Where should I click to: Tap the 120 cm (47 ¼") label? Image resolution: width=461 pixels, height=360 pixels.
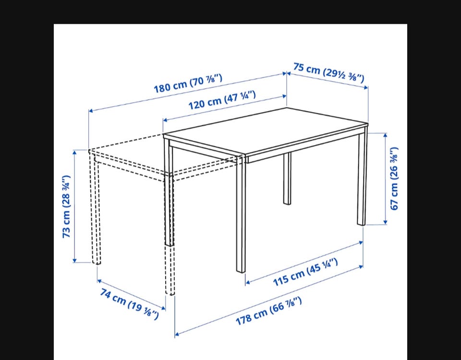[222, 100]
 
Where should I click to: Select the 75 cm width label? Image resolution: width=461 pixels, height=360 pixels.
[328, 72]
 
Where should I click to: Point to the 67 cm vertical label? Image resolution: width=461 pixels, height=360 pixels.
[394, 179]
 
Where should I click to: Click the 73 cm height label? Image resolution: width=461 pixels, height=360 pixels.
[66, 206]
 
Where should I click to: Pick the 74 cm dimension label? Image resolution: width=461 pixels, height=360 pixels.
[129, 304]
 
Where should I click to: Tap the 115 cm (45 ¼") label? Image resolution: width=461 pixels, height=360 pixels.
[305, 272]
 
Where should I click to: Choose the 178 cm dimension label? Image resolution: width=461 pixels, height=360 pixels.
[269, 311]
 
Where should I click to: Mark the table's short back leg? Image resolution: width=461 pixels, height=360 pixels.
[287, 179]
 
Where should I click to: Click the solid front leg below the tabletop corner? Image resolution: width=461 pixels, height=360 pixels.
[241, 214]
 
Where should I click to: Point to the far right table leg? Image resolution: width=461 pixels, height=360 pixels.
[362, 176]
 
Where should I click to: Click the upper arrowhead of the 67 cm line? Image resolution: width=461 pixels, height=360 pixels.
[385, 135]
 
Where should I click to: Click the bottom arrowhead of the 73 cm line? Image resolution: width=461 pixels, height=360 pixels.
[75, 260]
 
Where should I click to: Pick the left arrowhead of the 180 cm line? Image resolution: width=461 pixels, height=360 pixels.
[91, 111]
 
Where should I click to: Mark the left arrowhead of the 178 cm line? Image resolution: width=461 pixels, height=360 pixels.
[177, 334]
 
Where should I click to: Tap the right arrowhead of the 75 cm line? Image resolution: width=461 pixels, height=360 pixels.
[365, 87]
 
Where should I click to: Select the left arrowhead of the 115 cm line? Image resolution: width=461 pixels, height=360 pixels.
[248, 282]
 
